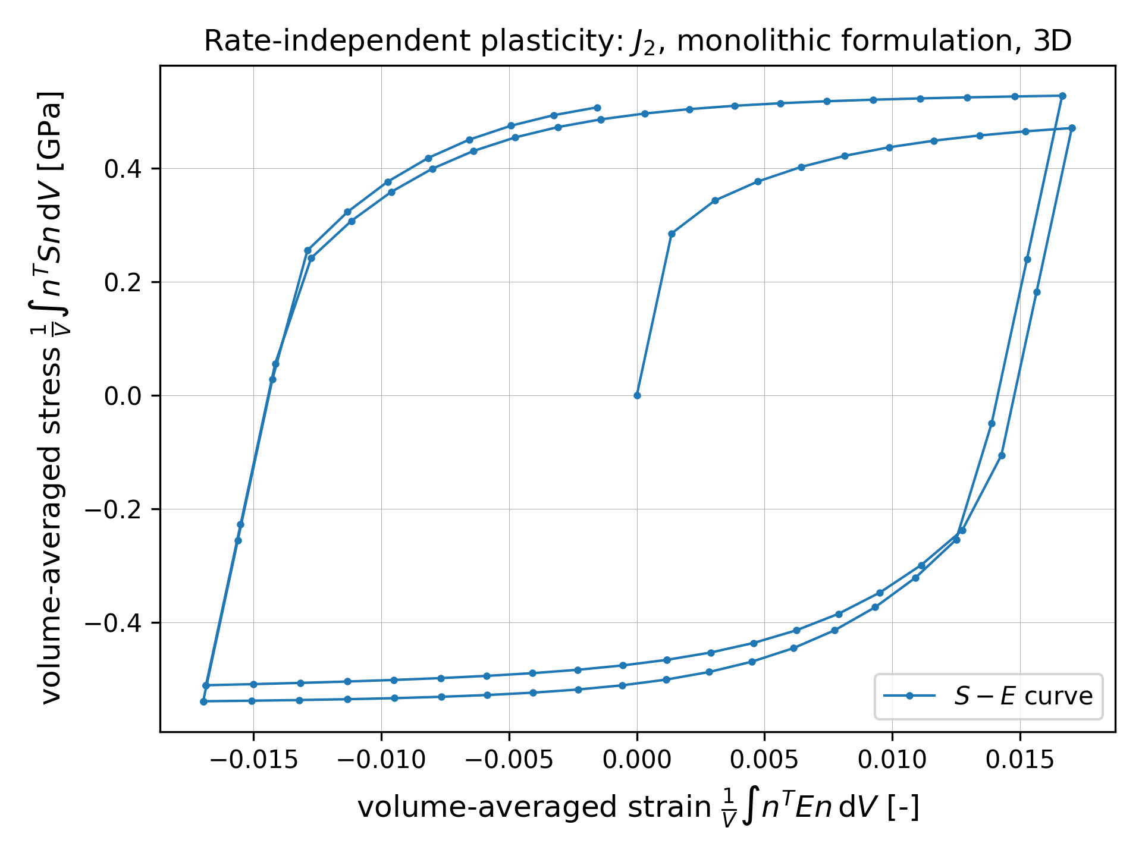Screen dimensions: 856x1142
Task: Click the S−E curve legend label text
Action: (x=1023, y=696)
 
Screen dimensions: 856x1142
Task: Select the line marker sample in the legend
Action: (x=909, y=696)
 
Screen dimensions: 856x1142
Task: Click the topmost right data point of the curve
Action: (x=1062, y=96)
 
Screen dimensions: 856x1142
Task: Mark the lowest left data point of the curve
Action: (x=203, y=701)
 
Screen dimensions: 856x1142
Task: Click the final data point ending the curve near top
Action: (x=597, y=108)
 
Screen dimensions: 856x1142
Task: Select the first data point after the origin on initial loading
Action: (x=672, y=234)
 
